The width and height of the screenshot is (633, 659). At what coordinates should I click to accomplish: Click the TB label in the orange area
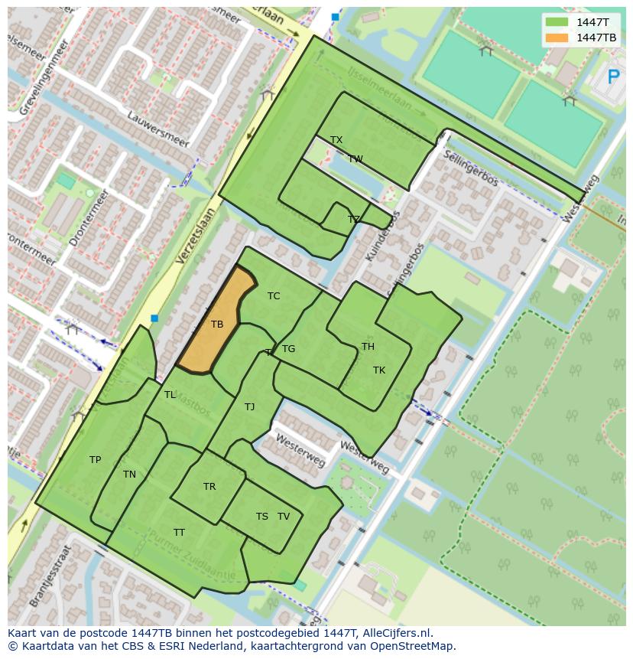coord(217,325)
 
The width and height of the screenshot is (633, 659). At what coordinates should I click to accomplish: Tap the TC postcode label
coord(274,296)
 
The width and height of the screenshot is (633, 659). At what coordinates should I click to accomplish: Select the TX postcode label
coord(336,140)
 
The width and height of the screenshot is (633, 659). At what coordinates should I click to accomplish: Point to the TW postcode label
coord(355,159)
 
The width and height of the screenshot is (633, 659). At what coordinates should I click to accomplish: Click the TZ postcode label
coord(353,220)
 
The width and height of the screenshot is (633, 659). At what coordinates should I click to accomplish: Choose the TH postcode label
coord(368,347)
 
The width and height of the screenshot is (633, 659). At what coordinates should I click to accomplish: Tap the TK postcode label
coord(379,370)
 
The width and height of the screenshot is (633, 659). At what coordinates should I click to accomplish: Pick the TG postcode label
coord(288,349)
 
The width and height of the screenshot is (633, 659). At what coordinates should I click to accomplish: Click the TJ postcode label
coord(249,407)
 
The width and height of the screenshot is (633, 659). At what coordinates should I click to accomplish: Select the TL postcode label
coord(170,395)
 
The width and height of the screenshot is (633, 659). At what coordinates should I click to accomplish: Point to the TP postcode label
coord(95,460)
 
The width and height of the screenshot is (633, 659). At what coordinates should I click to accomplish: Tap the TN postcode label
coord(129,475)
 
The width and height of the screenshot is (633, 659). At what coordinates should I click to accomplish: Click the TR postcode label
coord(209,487)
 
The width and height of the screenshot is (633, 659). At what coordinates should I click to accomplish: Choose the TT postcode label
coord(179,533)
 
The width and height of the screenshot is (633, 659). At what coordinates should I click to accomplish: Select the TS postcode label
coord(262,517)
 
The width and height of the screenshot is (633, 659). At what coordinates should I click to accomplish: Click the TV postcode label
coord(284,517)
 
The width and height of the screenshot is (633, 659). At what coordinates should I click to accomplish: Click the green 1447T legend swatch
coord(557,22)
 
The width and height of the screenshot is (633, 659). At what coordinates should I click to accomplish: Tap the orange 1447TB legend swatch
coord(557,38)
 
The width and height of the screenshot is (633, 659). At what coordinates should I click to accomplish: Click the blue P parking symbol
coord(612,77)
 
